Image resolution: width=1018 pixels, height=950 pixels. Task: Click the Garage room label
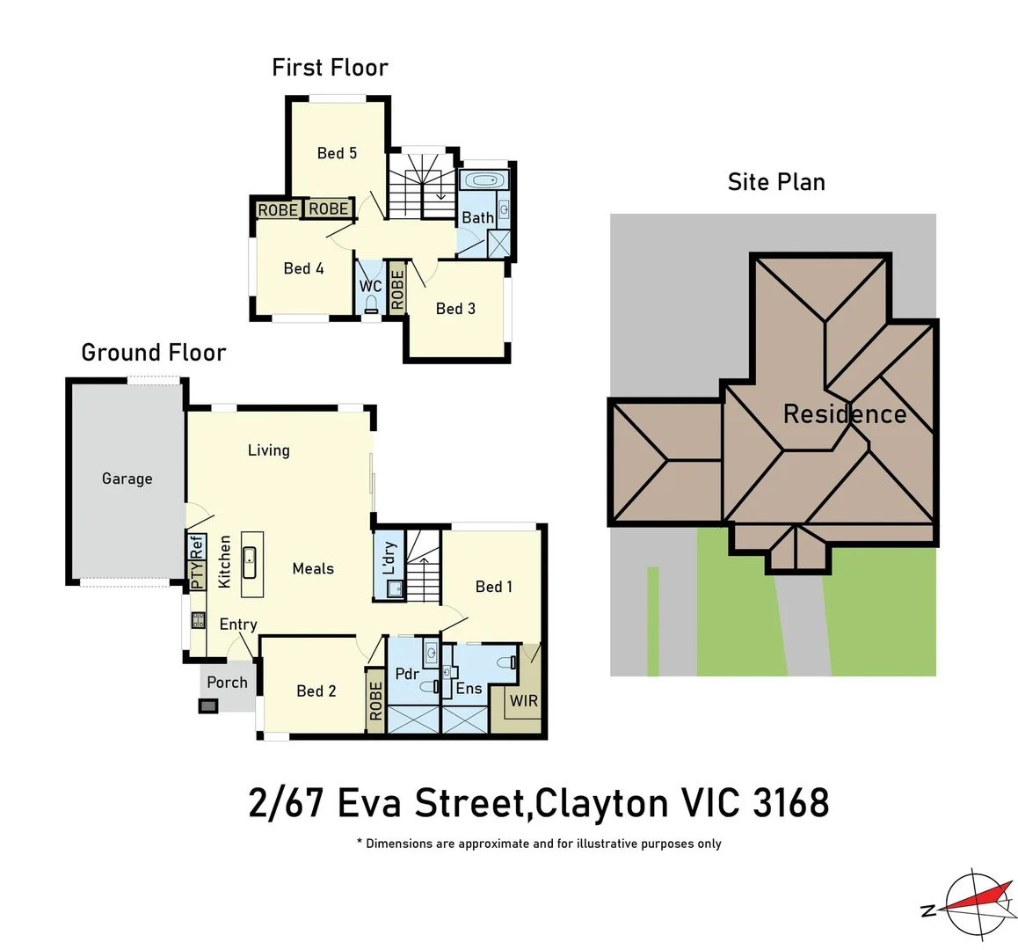pos(127,479)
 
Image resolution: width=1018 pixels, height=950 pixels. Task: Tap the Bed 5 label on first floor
pos(337,153)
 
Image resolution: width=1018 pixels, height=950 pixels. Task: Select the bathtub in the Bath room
pos(481,182)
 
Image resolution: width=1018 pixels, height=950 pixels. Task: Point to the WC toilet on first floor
pos(371,304)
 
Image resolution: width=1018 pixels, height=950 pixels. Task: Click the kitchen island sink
pos(249,556)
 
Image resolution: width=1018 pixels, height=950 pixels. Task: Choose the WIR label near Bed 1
pos(523,701)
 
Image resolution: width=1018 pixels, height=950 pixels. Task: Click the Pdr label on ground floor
pos(407,675)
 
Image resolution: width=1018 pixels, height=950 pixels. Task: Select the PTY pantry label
pos(197,574)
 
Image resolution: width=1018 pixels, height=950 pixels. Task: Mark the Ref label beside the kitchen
pos(197,545)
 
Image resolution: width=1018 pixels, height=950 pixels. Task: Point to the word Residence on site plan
pos(844,414)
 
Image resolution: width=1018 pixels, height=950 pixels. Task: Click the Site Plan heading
pos(776,182)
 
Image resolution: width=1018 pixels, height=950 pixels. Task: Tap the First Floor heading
pos(330,68)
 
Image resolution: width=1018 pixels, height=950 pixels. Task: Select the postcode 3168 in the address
pos(791,803)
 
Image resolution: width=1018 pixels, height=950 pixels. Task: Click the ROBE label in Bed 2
pos(376,700)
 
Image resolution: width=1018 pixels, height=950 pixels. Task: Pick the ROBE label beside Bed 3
pos(397,289)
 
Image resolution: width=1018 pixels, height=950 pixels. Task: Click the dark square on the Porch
pos(208,705)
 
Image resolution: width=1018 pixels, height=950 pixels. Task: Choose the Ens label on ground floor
pos(469,689)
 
